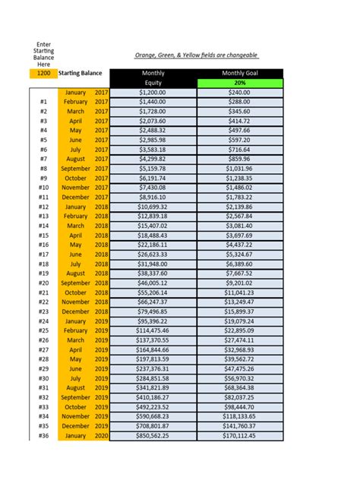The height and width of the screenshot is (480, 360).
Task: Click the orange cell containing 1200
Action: pos(43,74)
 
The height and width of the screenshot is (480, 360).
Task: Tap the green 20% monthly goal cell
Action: pos(239,83)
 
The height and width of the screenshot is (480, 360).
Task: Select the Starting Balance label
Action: pos(80,74)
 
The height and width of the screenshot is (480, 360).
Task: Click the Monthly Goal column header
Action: pos(239,73)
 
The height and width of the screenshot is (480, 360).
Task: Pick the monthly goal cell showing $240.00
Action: pos(239,92)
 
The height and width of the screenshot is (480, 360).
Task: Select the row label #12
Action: pos(43,207)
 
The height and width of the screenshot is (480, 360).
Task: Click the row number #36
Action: pos(43,436)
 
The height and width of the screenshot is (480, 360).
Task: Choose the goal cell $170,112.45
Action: pos(239,436)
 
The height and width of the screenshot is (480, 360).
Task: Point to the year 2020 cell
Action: pos(102,436)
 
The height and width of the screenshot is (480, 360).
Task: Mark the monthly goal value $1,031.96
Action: pos(239,169)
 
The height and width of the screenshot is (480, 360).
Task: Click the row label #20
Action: pos(43,283)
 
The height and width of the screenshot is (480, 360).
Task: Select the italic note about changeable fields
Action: pos(197,55)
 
